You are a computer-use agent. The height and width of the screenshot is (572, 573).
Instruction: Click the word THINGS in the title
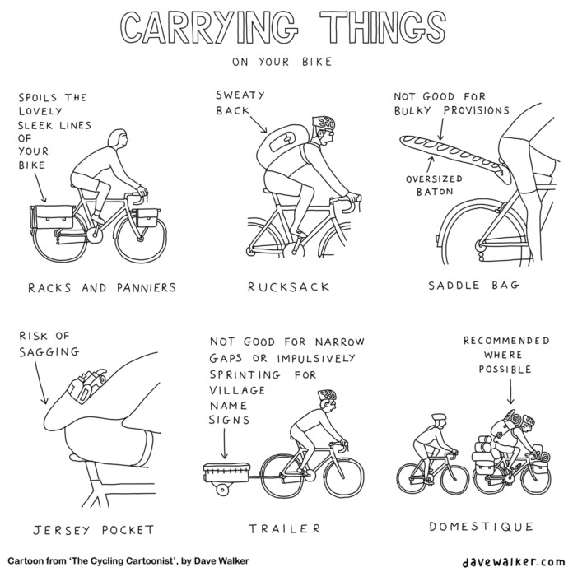(382, 28)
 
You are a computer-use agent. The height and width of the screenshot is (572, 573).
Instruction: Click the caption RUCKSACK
(289, 287)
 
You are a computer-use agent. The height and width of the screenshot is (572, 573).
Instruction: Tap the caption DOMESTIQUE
(482, 527)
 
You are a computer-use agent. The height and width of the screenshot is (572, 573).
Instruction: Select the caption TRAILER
(285, 528)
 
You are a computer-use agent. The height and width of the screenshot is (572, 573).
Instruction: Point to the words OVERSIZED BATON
(434, 185)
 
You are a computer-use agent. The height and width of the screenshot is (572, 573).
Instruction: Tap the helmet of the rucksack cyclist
(324, 123)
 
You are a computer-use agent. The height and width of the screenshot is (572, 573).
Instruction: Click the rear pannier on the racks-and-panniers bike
(52, 217)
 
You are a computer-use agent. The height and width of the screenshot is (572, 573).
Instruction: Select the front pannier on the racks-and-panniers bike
(147, 218)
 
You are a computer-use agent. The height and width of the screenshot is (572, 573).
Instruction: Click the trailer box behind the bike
(227, 472)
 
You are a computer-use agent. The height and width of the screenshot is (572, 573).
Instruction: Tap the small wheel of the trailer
(222, 491)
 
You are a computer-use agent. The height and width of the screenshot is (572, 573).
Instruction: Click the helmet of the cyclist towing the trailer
(328, 394)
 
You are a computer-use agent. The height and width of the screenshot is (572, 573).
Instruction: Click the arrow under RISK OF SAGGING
(40, 382)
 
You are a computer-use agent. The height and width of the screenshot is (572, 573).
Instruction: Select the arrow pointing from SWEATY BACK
(258, 123)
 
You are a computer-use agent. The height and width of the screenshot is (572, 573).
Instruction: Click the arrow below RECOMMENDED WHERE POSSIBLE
(510, 392)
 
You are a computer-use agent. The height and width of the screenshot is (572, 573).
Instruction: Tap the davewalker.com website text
(514, 561)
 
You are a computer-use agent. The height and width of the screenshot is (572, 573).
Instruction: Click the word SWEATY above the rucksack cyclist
(240, 95)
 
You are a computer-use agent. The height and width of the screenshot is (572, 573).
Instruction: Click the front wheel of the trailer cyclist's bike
(343, 477)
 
